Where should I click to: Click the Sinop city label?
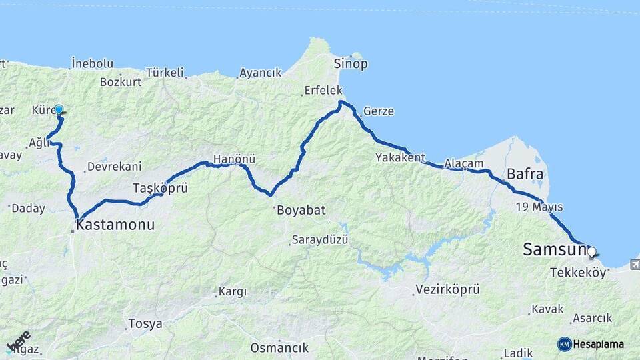[351, 64]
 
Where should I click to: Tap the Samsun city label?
[554, 250]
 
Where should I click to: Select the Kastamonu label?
[115, 225]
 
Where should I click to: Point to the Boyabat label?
[300, 210]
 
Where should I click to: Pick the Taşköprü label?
[160, 187]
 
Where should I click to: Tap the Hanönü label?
[234, 160]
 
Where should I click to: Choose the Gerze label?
[379, 111]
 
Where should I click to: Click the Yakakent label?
[400, 158]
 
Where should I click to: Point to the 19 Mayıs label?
[539, 207]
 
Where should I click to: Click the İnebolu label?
[92, 63]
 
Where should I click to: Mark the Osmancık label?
[279, 347]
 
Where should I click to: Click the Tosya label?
[145, 324]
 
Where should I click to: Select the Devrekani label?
[114, 166]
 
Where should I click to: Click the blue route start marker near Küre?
[59, 109]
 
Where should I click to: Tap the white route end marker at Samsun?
[591, 252]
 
